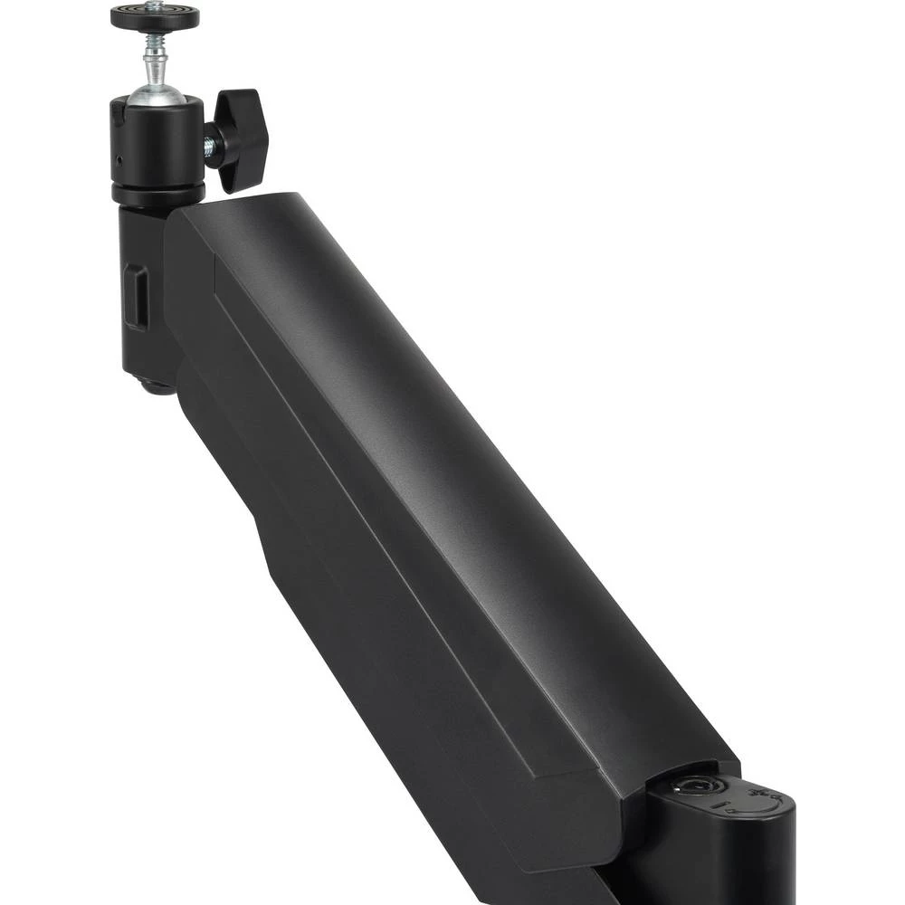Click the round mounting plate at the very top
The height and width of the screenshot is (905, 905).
[x=156, y=15]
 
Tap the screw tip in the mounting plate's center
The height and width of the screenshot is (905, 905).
[x=156, y=12]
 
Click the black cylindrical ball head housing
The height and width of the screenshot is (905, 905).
[x=157, y=145]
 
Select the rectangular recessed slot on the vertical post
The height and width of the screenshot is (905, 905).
[x=137, y=296]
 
